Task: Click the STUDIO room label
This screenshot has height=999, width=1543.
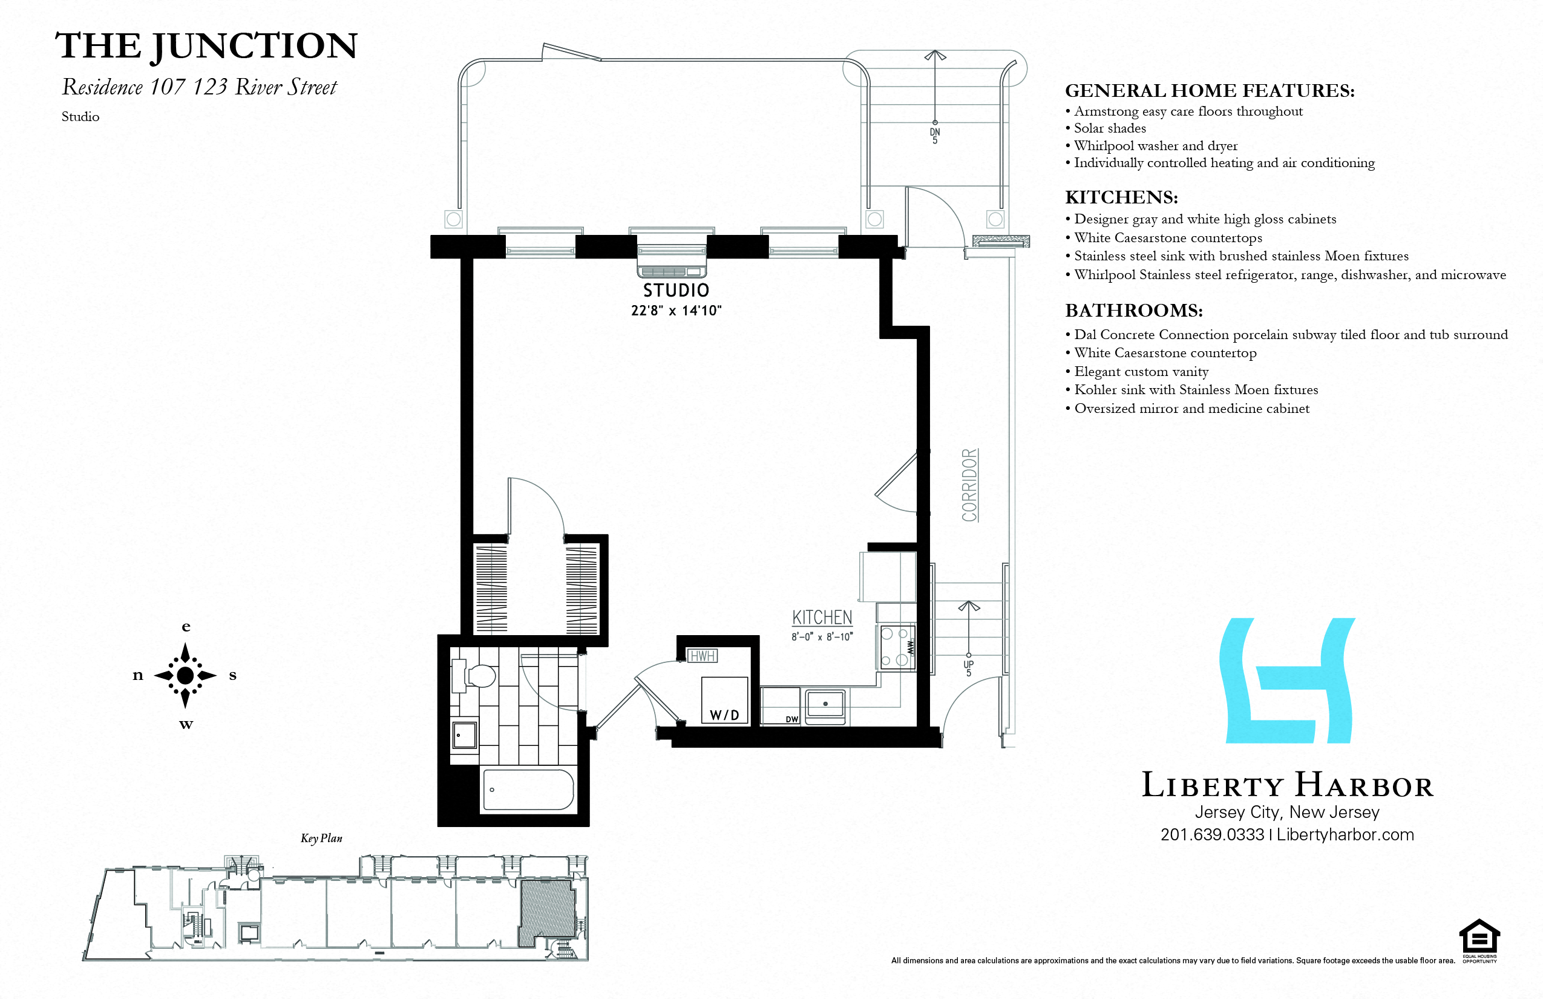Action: coord(675,290)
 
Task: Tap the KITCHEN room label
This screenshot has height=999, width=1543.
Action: coord(822,618)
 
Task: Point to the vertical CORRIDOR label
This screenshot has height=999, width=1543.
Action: coord(969,485)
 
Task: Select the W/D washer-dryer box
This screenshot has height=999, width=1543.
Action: coord(725,700)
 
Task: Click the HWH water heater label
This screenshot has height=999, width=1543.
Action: coord(702,656)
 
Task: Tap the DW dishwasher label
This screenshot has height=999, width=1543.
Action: coord(791,719)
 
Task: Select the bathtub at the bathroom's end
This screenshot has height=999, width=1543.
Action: coord(528,790)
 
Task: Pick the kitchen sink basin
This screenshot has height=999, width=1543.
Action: coord(825,704)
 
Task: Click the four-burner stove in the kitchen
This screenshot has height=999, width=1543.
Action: coord(895,647)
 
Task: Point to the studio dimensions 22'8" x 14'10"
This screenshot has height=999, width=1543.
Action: coord(675,311)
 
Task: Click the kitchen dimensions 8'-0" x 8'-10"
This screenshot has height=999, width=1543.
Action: coord(822,637)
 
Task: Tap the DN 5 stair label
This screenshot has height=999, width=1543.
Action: coord(934,136)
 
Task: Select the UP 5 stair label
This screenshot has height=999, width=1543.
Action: coord(968,668)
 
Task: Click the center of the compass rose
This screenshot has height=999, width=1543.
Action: coord(185,675)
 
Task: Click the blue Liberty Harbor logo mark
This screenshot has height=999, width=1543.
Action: coord(1287,681)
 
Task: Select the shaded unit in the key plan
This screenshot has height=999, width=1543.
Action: coord(546,911)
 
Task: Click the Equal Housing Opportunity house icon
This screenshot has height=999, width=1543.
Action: coord(1479,937)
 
